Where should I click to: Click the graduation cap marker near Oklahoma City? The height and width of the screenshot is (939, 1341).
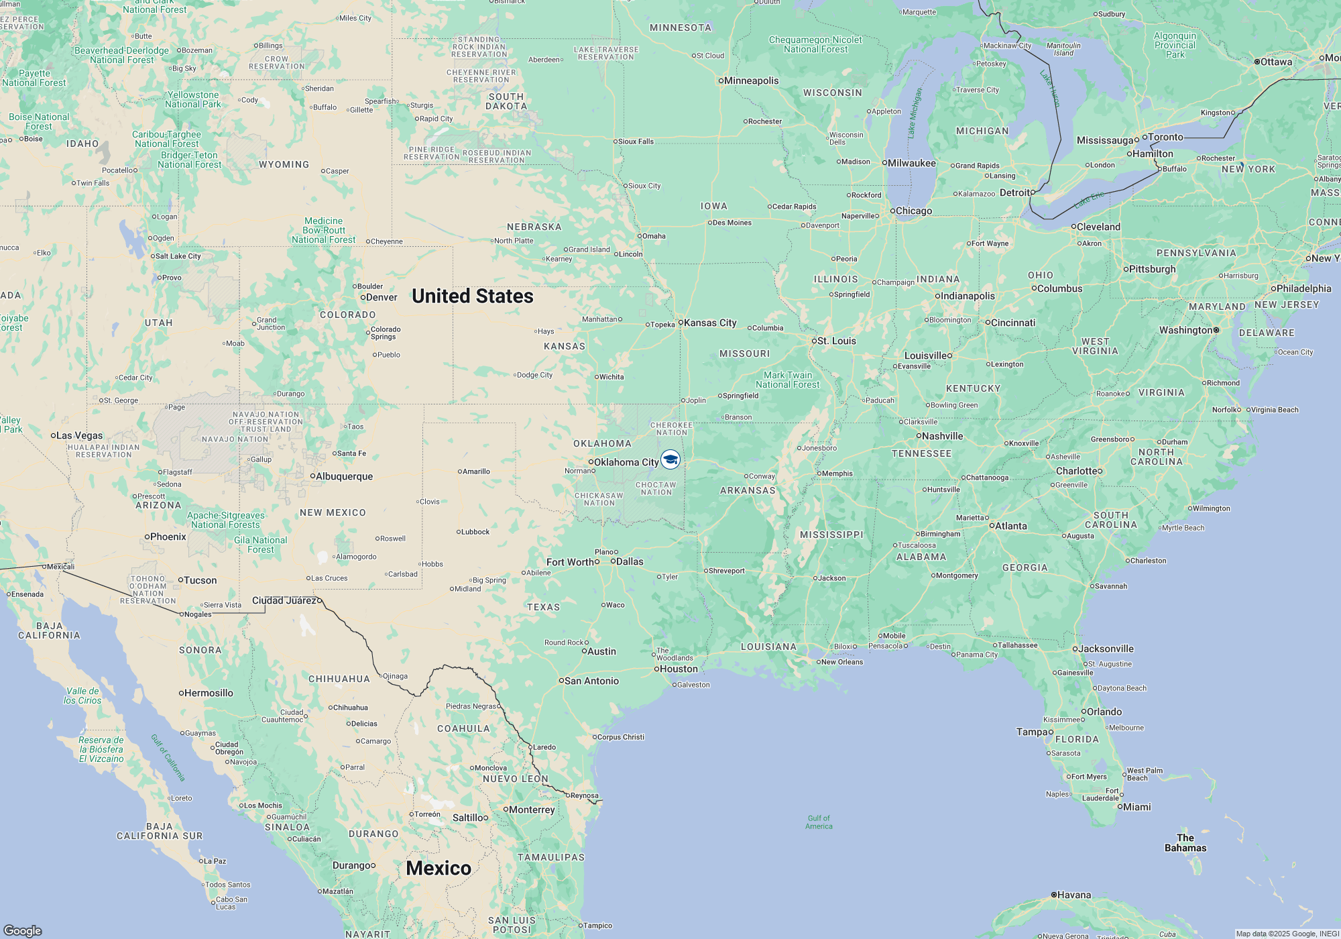[x=670, y=459]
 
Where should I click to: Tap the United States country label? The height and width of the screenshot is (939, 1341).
[x=472, y=296]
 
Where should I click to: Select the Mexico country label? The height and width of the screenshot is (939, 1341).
[x=439, y=868]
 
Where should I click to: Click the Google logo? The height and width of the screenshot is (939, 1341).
[x=23, y=930]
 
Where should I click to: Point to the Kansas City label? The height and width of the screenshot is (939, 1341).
[x=709, y=323]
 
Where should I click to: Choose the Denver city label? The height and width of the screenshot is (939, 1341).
[x=382, y=297]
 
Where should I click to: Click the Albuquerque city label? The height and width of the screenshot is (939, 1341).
[x=343, y=476]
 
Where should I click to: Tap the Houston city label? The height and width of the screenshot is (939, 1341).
[x=679, y=669]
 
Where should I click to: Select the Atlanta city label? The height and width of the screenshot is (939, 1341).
[x=1010, y=526]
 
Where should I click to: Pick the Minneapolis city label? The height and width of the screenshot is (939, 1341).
[x=751, y=80]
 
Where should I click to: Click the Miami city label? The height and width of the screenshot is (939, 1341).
[x=1136, y=807]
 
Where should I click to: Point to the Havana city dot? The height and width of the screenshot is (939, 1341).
[x=1054, y=895]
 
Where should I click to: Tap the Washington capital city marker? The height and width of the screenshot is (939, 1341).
[x=1216, y=330]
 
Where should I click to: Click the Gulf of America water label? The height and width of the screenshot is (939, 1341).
[x=819, y=822]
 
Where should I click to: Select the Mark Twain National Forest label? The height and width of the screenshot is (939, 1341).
[x=788, y=380]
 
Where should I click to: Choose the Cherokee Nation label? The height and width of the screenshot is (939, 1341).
[x=671, y=429]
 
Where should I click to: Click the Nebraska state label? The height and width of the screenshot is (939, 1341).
[x=534, y=227]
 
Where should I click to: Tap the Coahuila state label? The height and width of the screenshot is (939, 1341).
[x=463, y=728]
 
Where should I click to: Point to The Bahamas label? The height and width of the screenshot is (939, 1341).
[x=1185, y=842]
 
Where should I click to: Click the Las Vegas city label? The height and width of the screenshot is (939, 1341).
[x=79, y=435]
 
